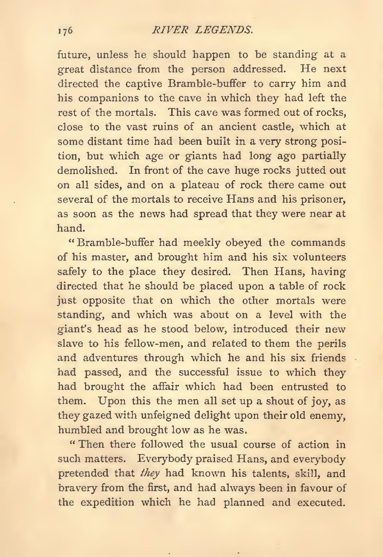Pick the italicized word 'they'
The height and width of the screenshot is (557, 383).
coord(150,474)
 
